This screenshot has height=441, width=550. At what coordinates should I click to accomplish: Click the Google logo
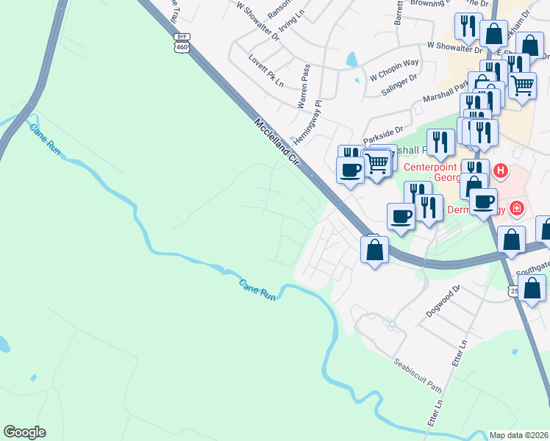[x=24, y=432]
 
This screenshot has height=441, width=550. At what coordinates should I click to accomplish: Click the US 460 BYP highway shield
[x=181, y=43]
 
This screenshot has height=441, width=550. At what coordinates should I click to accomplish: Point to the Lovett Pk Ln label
[x=265, y=70]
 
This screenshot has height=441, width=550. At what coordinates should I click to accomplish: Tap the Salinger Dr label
[x=399, y=85]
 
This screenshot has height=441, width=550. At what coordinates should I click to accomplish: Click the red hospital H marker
[x=501, y=171]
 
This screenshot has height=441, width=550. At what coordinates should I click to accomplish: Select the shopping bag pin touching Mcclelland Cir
[x=374, y=250]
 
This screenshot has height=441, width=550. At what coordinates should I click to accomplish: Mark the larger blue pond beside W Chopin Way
[x=351, y=59]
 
